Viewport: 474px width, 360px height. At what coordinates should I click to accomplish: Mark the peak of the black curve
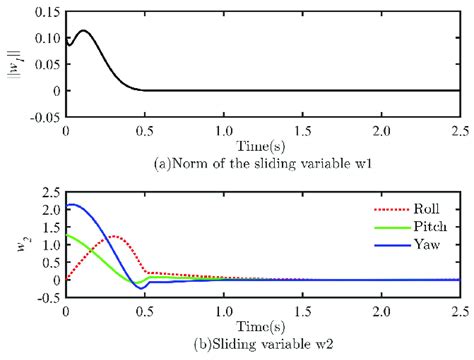tap(85, 30)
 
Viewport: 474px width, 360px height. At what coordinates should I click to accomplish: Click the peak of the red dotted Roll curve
tap(115, 236)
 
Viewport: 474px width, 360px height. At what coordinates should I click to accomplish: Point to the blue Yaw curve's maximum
tap(69, 204)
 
